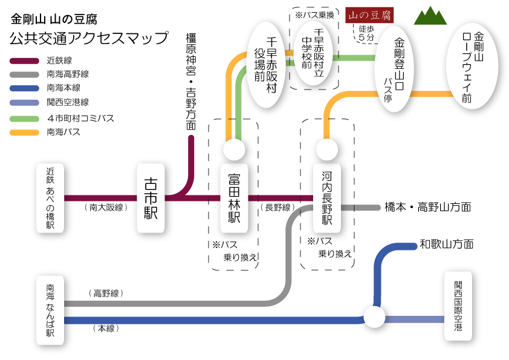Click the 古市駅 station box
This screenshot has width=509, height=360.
151,197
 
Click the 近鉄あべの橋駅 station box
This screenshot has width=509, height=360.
50,197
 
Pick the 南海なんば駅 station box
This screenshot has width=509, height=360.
50,311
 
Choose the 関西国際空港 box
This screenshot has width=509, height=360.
458,306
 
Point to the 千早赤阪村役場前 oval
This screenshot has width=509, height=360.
265,64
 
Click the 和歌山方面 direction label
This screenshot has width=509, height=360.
447,244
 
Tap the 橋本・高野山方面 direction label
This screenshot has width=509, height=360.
427,207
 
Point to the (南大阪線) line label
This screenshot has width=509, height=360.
106,207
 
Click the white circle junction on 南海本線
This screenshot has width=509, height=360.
374,317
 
